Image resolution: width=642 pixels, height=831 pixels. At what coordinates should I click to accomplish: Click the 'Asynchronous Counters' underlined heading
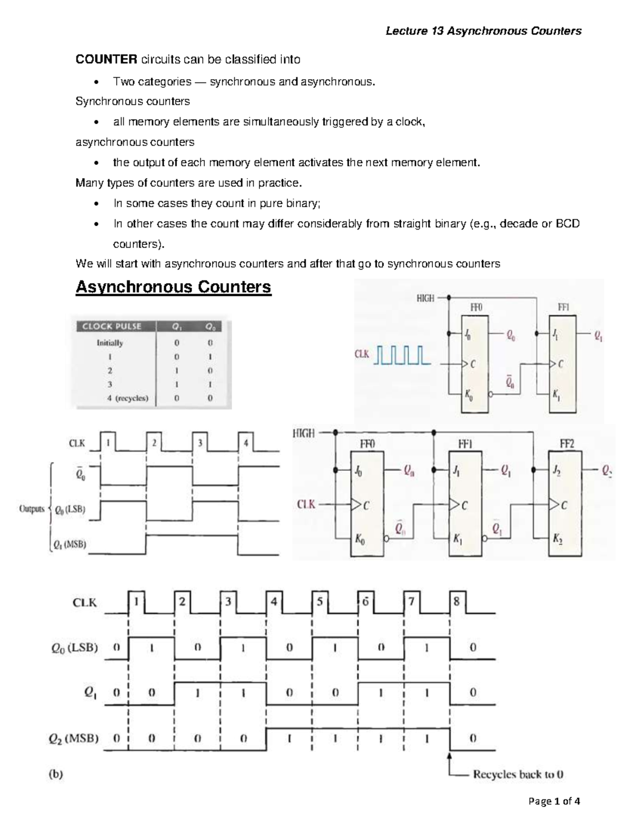pyautogui.click(x=173, y=287)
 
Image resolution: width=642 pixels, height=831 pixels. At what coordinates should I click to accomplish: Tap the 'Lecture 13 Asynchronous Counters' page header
pyautogui.click(x=484, y=31)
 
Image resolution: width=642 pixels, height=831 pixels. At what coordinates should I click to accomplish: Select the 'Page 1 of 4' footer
pyautogui.click(x=554, y=801)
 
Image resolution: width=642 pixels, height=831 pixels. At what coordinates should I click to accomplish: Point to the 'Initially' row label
pyautogui.click(x=110, y=342)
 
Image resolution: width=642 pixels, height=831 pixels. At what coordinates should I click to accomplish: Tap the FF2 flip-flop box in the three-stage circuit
pyautogui.click(x=566, y=503)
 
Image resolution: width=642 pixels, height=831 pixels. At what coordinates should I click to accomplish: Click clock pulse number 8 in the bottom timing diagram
pyautogui.click(x=456, y=601)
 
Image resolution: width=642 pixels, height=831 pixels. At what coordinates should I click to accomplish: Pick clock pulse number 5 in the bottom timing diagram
pyautogui.click(x=319, y=601)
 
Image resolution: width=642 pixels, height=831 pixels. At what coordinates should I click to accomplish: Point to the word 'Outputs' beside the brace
pyautogui.click(x=32, y=509)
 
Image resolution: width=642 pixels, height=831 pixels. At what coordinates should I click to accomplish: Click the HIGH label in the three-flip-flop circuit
pyautogui.click(x=303, y=434)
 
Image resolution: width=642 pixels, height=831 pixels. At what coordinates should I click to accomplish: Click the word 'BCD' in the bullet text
pyautogui.click(x=568, y=224)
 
